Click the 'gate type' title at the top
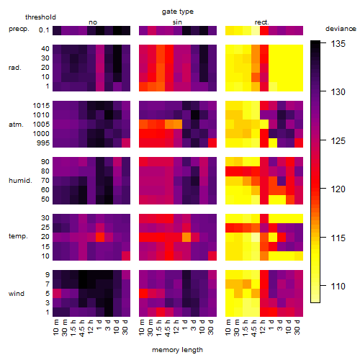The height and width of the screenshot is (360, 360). click(x=178, y=12)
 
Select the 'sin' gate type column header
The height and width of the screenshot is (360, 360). click(x=177, y=22)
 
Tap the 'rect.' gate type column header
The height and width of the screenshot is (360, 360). click(x=262, y=22)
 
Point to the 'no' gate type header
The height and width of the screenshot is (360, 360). click(x=93, y=22)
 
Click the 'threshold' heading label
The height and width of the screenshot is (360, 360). click(x=40, y=17)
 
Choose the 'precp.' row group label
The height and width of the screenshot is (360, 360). click(x=19, y=29)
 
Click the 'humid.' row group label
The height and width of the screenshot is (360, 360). click(x=20, y=181)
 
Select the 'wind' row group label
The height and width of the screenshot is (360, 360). click(x=17, y=294)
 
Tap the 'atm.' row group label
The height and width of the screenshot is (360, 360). click(x=16, y=125)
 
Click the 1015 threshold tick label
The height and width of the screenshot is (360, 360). click(x=41, y=106)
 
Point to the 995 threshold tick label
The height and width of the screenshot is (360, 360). click(x=43, y=143)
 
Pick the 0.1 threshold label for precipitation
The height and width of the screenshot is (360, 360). click(x=44, y=30)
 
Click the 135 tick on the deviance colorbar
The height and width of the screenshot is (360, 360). click(x=338, y=44)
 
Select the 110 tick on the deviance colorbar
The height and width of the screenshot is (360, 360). click(x=338, y=286)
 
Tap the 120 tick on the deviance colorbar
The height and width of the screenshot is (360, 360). click(x=338, y=189)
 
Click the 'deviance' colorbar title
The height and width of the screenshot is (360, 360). click(x=341, y=29)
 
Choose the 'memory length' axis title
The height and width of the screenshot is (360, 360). click(x=178, y=350)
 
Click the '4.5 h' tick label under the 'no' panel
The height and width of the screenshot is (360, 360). click(x=82, y=328)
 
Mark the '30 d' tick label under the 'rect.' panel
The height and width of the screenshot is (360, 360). click(x=297, y=327)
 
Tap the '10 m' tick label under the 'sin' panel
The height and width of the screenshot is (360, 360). click(x=142, y=328)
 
